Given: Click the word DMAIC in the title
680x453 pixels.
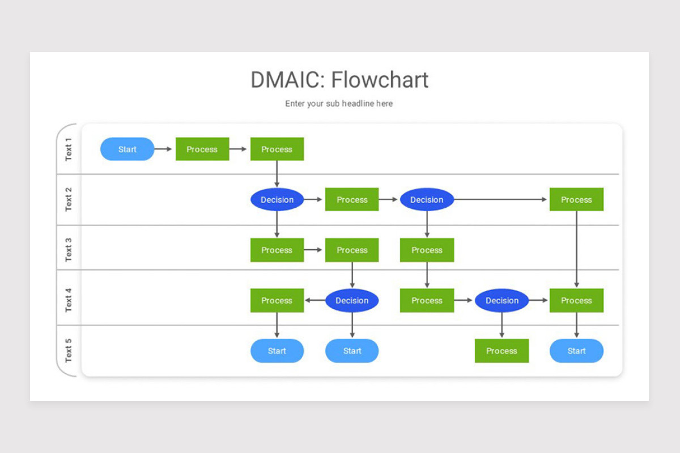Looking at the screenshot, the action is coord(288,80).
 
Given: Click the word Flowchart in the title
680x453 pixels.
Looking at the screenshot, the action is coord(380,80).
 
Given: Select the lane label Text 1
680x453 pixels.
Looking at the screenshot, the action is coord(69,149).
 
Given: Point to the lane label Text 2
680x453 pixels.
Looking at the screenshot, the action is coord(69,199).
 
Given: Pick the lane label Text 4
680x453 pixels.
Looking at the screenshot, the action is coord(69,300).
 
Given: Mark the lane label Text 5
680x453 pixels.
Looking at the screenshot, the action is coord(69,350).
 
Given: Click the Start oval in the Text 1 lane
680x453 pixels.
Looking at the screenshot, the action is coord(127,149).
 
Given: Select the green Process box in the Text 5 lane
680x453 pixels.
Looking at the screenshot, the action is coord(502,351).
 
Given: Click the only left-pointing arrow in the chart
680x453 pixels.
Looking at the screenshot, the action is coord(315,300).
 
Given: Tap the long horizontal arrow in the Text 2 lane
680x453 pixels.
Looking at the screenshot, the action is coord(500,199).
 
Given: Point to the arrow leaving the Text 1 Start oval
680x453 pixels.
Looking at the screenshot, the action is coord(163,149).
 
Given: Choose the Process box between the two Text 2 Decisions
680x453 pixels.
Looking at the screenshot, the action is coord(352,199).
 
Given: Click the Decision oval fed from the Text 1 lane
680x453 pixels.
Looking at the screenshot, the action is coord(277,199).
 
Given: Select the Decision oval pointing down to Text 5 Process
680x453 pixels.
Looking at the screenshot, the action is coord(502,300).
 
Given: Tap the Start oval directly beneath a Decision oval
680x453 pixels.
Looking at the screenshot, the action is coord(352,351).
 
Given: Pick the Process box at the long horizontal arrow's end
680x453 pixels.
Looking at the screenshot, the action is coord(576,199).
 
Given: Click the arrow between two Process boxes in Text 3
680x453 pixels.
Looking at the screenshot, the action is coord(313,250).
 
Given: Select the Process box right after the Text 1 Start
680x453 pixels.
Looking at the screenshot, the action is coord(202,149).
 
